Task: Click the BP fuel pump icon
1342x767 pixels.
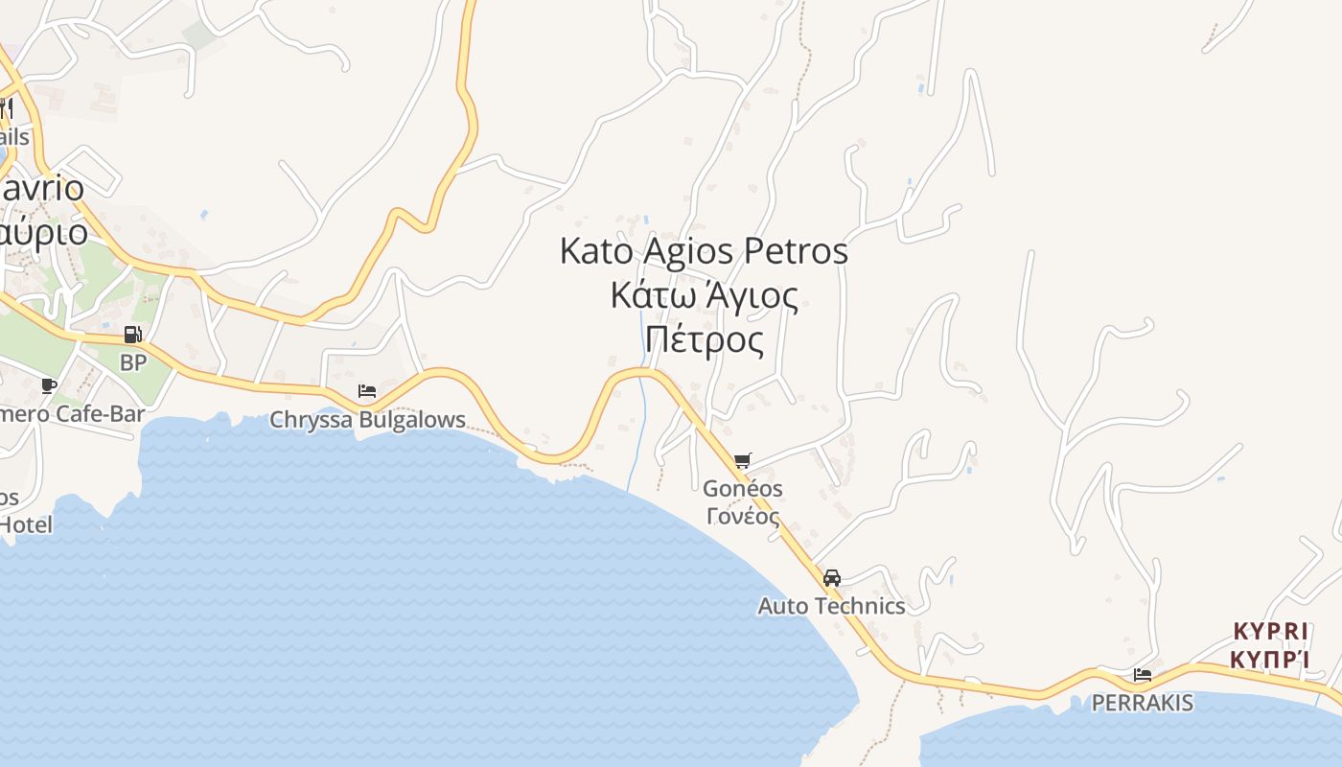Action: click(132, 335)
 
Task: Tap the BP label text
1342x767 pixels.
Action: click(132, 362)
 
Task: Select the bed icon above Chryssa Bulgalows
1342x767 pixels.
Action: click(366, 390)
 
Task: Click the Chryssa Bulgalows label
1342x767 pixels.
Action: click(367, 420)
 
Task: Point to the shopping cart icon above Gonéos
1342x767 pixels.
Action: click(742, 461)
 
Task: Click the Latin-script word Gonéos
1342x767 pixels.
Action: click(742, 489)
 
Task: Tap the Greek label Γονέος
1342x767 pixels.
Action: click(742, 516)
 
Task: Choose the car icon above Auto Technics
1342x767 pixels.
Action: click(831, 578)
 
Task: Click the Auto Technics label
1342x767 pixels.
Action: click(831, 606)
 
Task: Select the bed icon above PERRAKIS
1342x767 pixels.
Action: click(1142, 675)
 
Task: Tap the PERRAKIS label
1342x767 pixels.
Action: click(1142, 703)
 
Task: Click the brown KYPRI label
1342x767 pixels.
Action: click(1270, 632)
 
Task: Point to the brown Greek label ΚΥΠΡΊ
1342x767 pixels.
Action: click(1270, 660)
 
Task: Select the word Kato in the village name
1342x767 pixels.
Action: click(596, 252)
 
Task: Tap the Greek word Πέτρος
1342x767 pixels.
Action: click(705, 339)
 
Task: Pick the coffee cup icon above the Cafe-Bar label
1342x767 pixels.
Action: click(48, 385)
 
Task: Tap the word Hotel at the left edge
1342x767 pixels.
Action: click(26, 525)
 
